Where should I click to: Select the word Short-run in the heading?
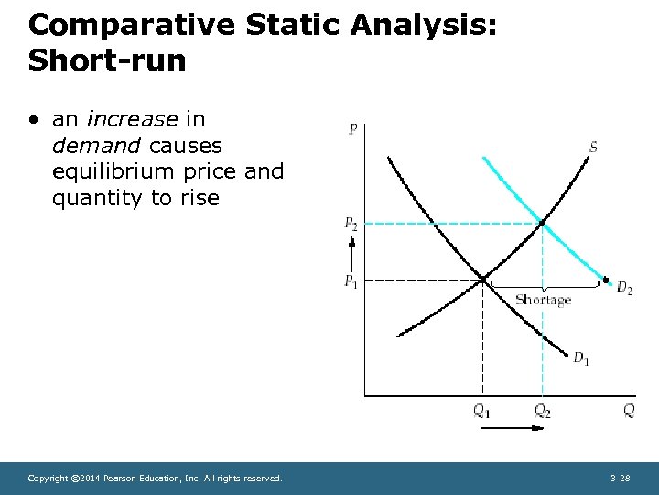(107, 60)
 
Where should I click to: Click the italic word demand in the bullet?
(97, 146)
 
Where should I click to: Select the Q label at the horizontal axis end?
(629, 411)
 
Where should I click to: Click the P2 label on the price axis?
(351, 223)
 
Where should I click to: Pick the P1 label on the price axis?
(351, 280)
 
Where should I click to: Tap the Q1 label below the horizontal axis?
(481, 412)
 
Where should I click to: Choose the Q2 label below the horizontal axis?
(543, 412)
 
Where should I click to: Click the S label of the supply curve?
(593, 147)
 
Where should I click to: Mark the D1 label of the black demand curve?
(581, 358)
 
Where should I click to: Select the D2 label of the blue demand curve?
(624, 289)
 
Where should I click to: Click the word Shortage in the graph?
(543, 300)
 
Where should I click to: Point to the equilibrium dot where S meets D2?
(542, 223)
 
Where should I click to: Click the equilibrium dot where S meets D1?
(482, 279)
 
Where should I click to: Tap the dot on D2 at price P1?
(605, 279)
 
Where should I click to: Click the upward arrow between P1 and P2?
(351, 249)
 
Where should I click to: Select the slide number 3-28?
(620, 478)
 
